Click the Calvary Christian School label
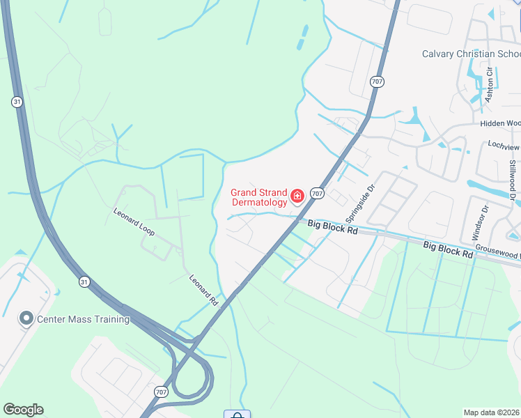472,54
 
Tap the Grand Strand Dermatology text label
258,197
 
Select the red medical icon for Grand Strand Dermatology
297,197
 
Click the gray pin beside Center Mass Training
26,319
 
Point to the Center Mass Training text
84,319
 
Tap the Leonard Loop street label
134,221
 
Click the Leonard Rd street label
204,291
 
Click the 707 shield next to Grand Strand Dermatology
317,193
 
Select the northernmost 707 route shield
377,82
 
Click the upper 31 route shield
17,102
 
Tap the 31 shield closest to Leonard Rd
84,281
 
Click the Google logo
23,410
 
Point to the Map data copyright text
491,412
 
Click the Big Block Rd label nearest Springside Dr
333,226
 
